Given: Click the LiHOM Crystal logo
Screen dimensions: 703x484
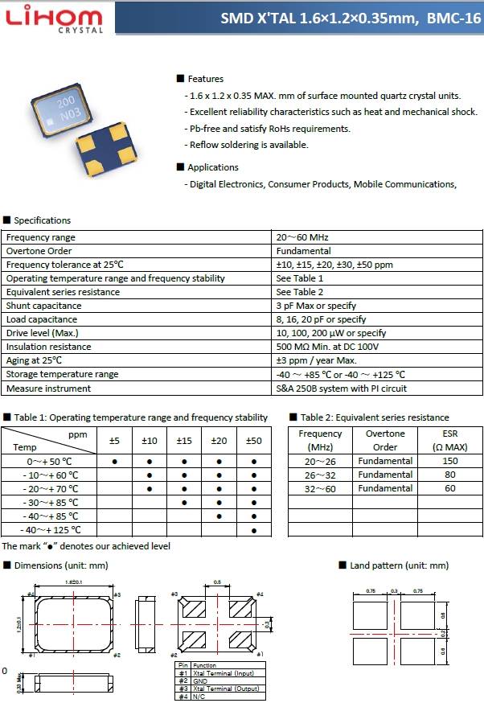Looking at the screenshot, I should [x=55, y=19].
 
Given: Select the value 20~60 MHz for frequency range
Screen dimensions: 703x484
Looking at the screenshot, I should [x=302, y=237].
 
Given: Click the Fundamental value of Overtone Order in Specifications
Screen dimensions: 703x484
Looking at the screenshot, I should [x=304, y=251].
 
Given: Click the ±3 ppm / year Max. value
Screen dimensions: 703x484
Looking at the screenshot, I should [x=316, y=360].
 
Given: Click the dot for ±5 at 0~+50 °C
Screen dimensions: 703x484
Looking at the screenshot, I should [x=115, y=462].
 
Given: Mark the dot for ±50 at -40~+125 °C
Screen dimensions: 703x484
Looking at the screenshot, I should [x=254, y=530].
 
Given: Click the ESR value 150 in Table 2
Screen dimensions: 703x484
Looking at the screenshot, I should [x=449, y=461].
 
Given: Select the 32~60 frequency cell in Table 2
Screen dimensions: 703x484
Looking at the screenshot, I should [x=320, y=488].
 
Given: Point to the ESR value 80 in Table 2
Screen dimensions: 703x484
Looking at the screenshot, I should [x=449, y=475].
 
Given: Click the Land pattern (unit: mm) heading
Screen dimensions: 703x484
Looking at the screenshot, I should [x=399, y=566].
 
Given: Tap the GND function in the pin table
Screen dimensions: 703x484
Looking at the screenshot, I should [x=200, y=680].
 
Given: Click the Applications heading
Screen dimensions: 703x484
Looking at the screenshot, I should [x=212, y=167].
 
